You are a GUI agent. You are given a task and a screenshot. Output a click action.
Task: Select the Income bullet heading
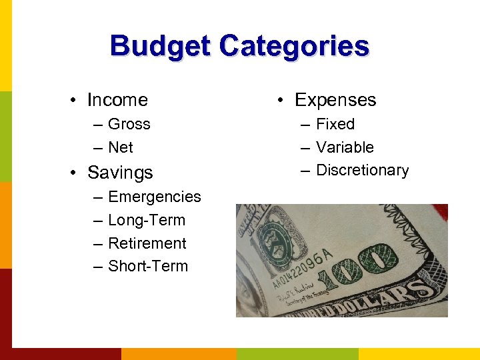117,100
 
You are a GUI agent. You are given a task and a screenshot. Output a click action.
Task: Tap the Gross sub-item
129,124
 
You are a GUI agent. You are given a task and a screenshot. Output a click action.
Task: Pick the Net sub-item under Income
120,147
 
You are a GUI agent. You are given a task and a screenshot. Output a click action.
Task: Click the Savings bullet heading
120,173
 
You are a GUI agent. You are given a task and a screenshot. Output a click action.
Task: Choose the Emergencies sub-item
154,197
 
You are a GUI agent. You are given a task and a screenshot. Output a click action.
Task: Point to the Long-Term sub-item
146,220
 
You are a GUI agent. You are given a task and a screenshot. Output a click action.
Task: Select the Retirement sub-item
147,243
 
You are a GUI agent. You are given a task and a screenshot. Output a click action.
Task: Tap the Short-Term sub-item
147,266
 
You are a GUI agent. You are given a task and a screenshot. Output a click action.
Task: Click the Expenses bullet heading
335,100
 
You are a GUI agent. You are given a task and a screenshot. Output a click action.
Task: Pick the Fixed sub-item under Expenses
335,124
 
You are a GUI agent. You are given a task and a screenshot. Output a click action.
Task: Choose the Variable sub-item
345,147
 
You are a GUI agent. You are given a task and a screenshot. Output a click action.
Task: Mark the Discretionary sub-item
362,170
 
